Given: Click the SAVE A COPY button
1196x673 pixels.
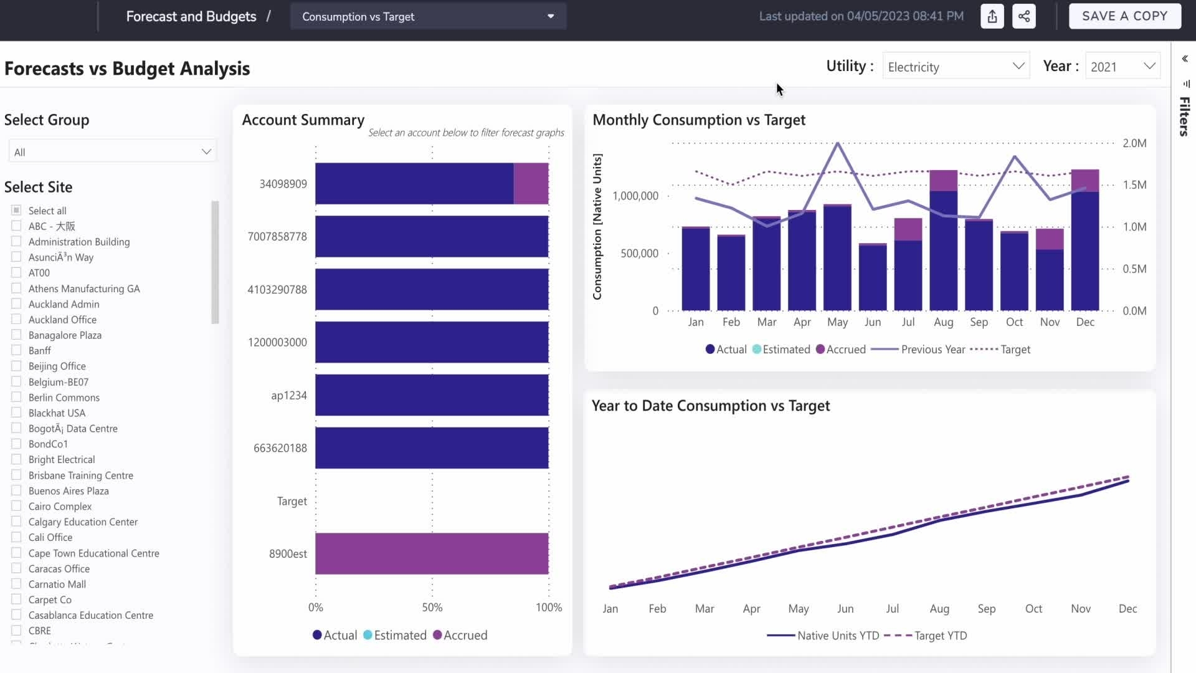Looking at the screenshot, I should [x=1124, y=16].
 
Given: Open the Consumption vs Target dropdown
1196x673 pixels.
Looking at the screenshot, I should [x=428, y=17].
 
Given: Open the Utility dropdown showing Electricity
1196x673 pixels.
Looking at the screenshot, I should [x=955, y=67].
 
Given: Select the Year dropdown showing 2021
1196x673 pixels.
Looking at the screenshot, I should [x=1122, y=67].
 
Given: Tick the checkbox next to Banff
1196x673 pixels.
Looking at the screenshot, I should [x=16, y=350].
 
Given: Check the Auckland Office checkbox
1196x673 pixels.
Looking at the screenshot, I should [x=16, y=319].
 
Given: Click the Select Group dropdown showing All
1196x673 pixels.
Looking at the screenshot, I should [x=112, y=152].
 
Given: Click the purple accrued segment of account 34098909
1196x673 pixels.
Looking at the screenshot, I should [x=531, y=184].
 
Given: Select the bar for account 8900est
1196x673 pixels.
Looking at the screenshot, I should [x=432, y=553].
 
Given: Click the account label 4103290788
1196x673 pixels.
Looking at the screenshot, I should [x=277, y=290].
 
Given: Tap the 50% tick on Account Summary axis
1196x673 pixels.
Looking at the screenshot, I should [x=432, y=608].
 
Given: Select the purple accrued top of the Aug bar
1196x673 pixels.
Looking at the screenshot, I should [x=943, y=180].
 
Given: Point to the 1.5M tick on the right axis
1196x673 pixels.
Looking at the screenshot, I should [x=1134, y=185].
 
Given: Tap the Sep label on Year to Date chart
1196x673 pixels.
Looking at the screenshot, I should [x=986, y=609].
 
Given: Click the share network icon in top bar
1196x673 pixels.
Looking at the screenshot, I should [x=1024, y=16].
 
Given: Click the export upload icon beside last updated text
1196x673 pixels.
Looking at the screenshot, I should [x=992, y=16].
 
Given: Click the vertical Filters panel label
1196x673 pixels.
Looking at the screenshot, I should [x=1184, y=117].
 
